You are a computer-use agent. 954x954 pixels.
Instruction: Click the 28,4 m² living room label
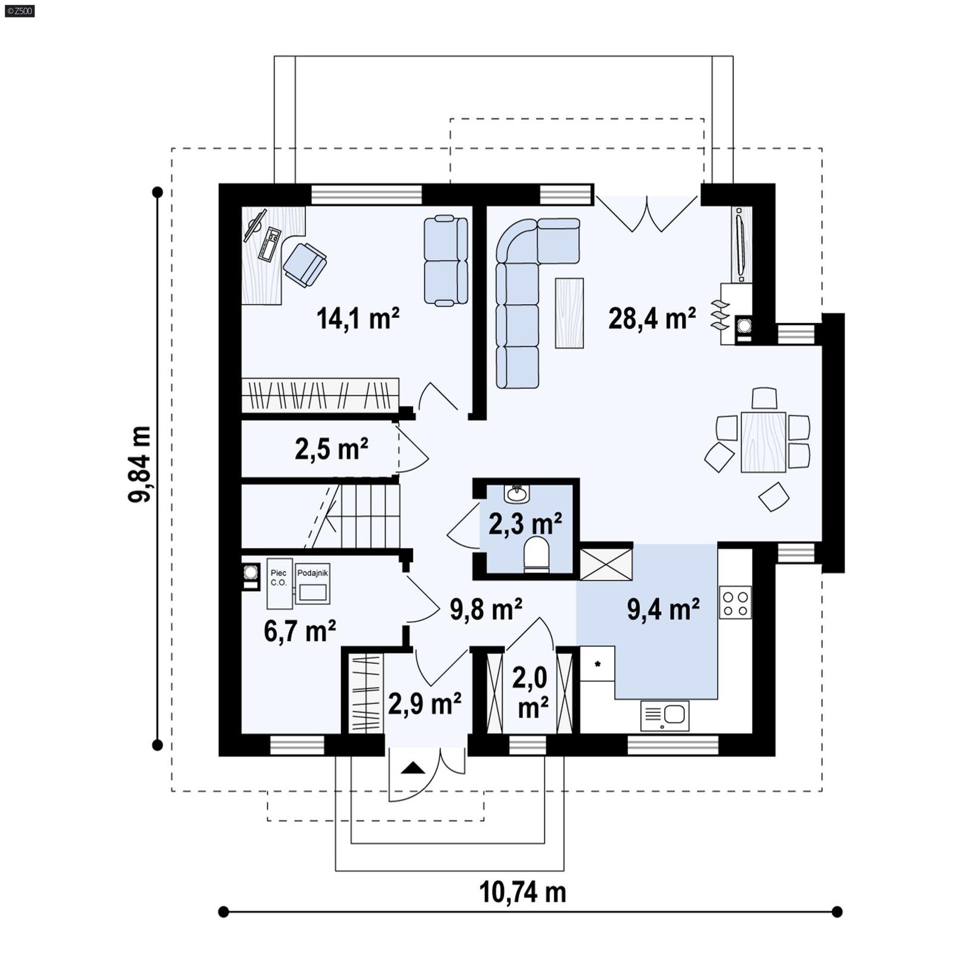point(652,318)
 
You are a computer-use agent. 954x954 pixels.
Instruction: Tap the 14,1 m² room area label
point(358,318)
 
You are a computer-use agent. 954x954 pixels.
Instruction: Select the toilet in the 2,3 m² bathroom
point(536,553)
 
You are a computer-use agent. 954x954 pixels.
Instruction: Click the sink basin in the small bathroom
point(516,494)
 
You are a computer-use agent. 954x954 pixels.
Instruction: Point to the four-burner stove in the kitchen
point(735,603)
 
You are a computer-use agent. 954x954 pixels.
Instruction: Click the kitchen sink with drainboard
point(665,715)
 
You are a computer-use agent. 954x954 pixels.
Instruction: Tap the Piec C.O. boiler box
point(279,584)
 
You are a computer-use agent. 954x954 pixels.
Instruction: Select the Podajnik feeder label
point(312,573)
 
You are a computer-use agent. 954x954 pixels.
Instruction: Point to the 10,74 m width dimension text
point(522,893)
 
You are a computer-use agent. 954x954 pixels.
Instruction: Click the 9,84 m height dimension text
point(140,464)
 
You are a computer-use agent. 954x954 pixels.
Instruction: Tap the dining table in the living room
point(763,442)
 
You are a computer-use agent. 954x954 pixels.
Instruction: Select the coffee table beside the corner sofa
point(569,313)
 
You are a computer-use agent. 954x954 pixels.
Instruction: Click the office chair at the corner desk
point(304,264)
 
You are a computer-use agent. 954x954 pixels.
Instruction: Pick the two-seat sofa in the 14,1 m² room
point(445,261)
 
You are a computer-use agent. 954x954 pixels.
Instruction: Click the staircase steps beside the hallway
point(364,516)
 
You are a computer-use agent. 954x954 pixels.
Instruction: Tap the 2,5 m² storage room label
point(331,449)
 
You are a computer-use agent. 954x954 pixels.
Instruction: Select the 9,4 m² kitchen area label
point(663,609)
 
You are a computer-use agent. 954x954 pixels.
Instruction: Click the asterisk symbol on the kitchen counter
point(597,664)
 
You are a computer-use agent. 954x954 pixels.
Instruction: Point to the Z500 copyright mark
point(19,10)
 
